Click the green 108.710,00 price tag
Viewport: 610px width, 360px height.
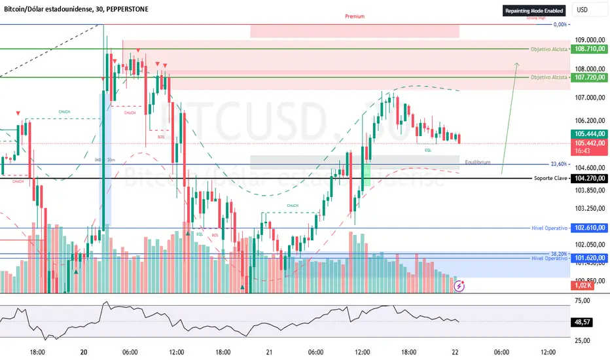tap(588, 49)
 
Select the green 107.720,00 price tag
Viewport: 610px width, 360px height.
tap(588, 77)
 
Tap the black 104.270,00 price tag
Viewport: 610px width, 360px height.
tap(588, 178)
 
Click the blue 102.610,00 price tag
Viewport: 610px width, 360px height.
tap(588, 228)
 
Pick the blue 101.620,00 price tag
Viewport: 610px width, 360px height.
tap(588, 259)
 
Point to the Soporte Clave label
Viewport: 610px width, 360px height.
tap(550, 178)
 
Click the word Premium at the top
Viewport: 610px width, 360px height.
tap(354, 16)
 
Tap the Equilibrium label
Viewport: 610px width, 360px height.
tap(478, 162)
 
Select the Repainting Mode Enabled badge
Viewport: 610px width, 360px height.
tap(533, 10)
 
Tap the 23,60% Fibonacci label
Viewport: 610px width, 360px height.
tap(558, 164)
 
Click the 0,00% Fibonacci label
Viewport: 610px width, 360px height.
tap(560, 25)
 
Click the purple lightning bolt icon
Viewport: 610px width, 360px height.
tap(459, 285)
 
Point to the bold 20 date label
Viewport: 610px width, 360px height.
tap(84, 352)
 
